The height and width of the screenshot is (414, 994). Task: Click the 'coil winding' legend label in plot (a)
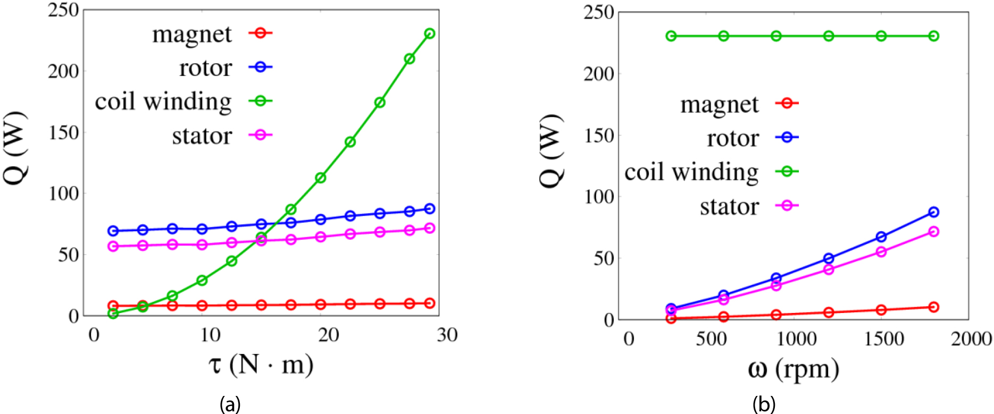163,102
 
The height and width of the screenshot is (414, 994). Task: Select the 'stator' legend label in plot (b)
729,206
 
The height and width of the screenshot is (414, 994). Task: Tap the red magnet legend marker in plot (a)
260,33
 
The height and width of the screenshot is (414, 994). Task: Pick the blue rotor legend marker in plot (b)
787,137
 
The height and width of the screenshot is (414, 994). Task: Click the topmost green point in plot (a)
430,33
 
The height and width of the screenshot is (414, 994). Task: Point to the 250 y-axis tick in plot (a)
63,10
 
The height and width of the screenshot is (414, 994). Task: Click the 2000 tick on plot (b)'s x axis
971,339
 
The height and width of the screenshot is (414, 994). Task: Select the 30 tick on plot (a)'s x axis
447,335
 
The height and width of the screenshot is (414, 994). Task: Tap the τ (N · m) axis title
260,365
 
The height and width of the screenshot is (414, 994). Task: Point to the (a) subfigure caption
230,405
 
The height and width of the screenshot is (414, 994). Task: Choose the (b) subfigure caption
764,405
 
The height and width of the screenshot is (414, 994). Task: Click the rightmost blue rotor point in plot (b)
933,212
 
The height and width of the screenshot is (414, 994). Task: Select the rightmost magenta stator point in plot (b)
933,232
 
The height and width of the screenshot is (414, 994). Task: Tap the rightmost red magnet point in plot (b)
933,307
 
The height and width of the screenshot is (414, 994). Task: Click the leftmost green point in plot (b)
671,36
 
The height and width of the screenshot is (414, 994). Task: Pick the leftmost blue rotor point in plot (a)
113,231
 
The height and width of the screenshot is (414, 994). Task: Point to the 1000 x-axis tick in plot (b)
796,339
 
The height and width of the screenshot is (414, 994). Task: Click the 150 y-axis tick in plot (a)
63,132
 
